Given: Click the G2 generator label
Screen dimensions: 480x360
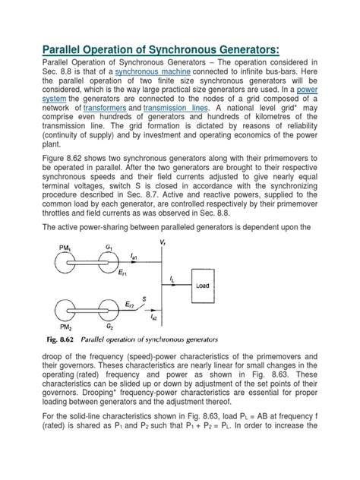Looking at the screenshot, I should click(112, 324).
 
